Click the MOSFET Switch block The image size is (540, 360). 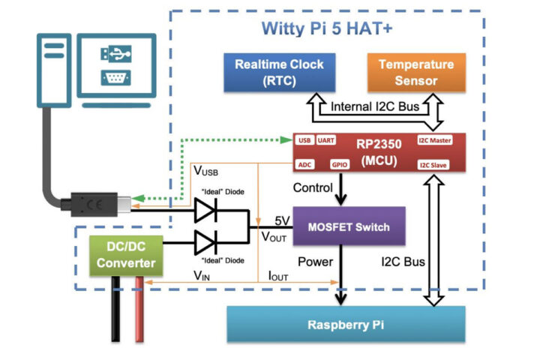(341, 226)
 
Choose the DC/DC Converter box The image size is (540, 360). (126, 254)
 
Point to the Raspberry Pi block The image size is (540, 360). (346, 325)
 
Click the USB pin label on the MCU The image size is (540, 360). (304, 140)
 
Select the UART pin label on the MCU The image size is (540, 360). (326, 140)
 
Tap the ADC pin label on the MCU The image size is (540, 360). (304, 163)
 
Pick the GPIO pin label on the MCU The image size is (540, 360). (340, 163)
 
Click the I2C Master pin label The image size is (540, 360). (434, 140)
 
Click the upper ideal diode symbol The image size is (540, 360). (206, 211)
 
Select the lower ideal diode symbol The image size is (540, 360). (206, 243)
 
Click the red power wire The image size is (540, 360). (140, 315)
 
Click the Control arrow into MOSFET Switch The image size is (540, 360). (341, 190)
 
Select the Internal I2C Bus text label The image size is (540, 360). (373, 107)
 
